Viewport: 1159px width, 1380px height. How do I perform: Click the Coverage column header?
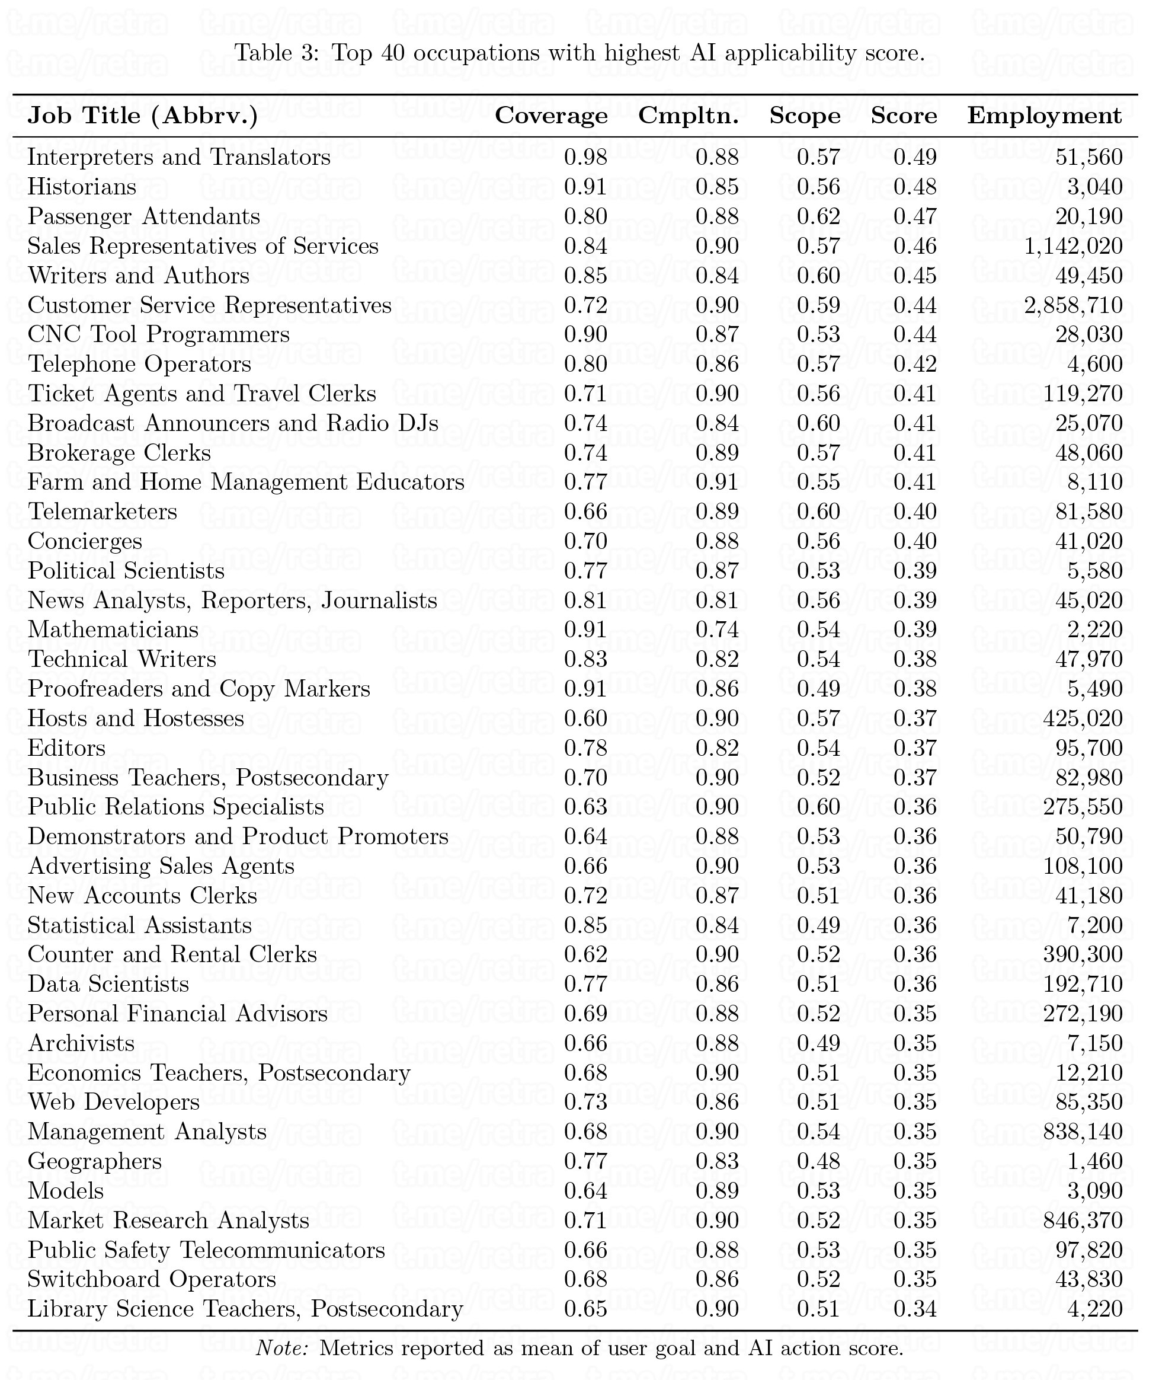pyautogui.click(x=550, y=116)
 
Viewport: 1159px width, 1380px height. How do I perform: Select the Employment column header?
pyautogui.click(x=1044, y=116)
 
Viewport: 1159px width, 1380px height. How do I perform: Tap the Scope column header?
pyautogui.click(x=805, y=116)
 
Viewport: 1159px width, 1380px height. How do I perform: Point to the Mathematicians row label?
pyautogui.click(x=113, y=630)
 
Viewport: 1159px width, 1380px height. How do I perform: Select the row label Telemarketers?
pyautogui.click(x=103, y=512)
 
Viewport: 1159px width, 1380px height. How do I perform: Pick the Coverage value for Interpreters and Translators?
pyautogui.click(x=585, y=158)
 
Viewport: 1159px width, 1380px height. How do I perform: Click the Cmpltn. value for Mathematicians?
pyautogui.click(x=717, y=630)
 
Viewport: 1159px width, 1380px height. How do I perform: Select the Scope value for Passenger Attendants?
pyautogui.click(x=818, y=217)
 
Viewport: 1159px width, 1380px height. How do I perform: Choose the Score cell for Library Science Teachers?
pyautogui.click(x=915, y=1309)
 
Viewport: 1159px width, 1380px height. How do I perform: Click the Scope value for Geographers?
pyautogui.click(x=818, y=1161)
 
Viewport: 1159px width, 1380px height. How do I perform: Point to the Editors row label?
pyautogui.click(x=66, y=748)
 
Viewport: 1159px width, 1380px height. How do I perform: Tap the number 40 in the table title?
pyautogui.click(x=392, y=53)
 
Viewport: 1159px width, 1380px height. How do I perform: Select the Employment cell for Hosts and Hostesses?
pyautogui.click(x=1083, y=718)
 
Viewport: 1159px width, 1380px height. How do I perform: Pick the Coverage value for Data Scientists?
pyautogui.click(x=585, y=985)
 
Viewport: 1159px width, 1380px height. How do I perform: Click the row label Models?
pyautogui.click(x=66, y=1191)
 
